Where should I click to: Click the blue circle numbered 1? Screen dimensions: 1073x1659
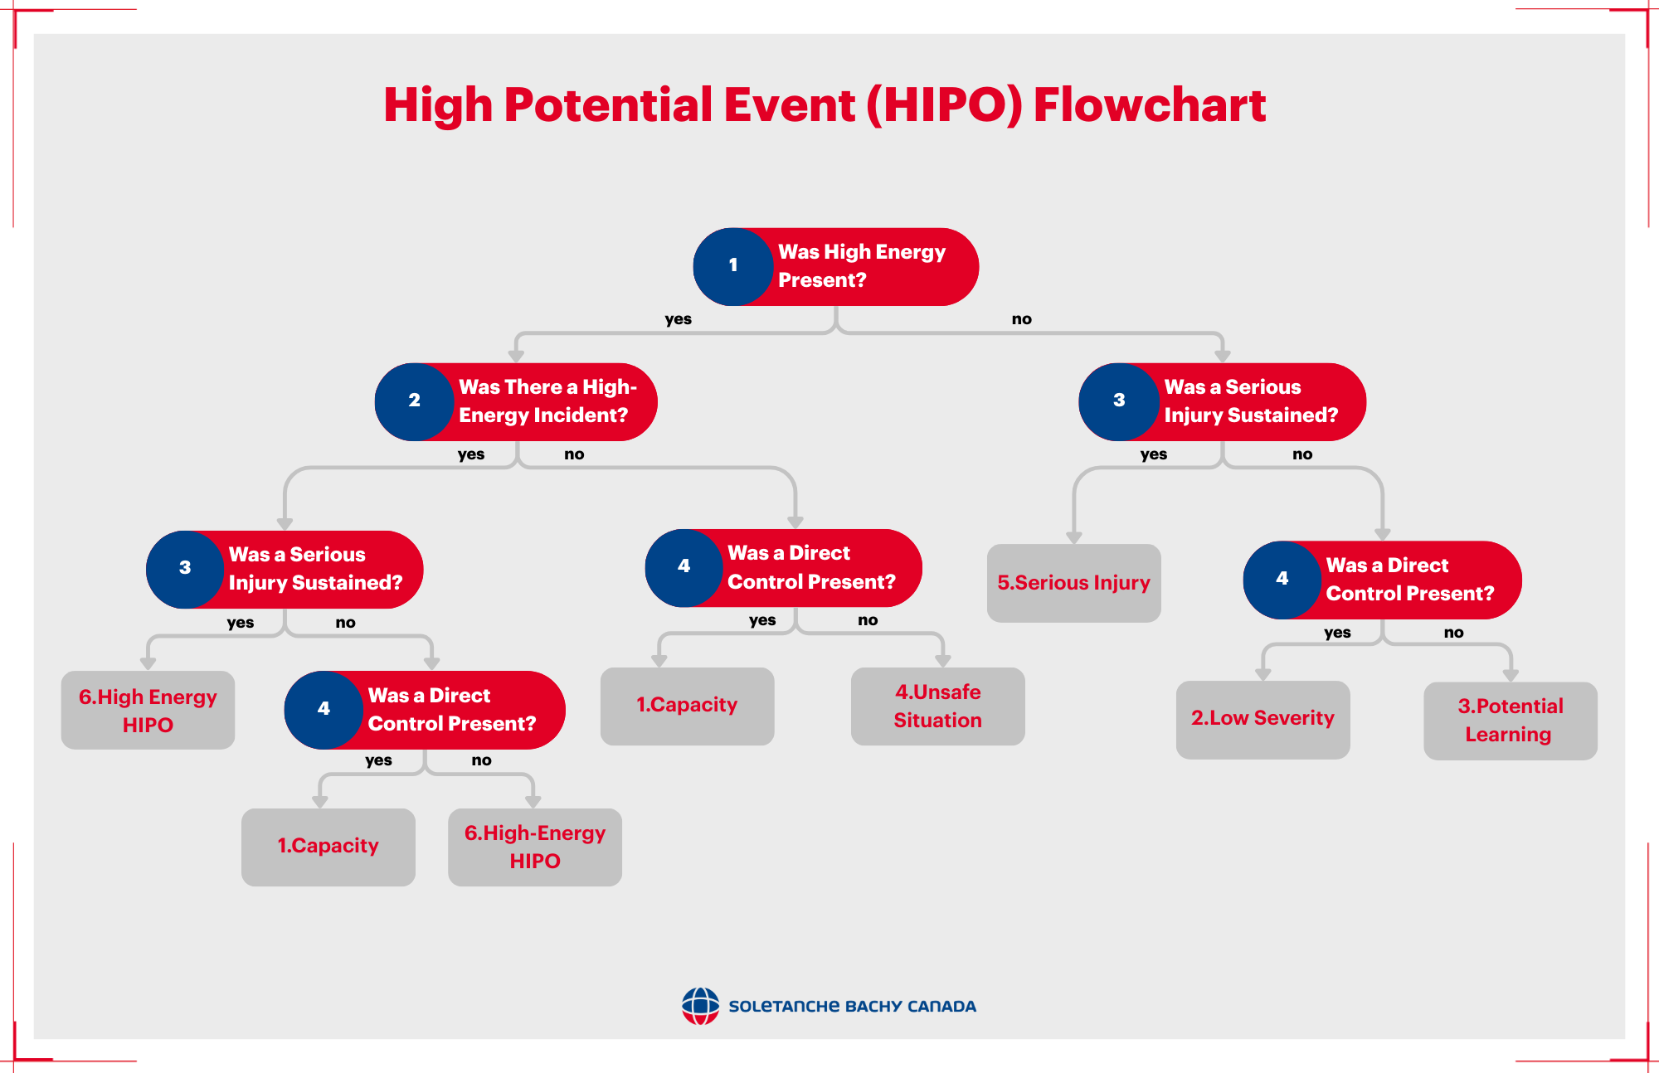click(x=733, y=266)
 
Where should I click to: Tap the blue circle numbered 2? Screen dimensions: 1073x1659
click(x=414, y=401)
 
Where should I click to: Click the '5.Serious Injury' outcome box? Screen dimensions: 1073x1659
click(x=1073, y=583)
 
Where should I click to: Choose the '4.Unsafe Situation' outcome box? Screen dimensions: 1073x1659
click(x=937, y=706)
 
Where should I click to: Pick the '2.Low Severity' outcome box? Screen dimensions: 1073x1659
click(x=1262, y=719)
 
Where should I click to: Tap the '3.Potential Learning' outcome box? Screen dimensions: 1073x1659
click(x=1510, y=721)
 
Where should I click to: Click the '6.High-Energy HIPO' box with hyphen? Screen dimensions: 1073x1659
click(x=535, y=847)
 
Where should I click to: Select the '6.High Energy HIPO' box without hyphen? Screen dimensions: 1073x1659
click(x=148, y=711)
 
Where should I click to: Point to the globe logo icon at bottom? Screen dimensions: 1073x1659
click(x=700, y=1006)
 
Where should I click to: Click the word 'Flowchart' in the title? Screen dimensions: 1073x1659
click(x=1150, y=105)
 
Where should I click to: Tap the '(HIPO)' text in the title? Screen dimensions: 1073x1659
click(x=944, y=105)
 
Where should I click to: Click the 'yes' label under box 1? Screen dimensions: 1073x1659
click(x=678, y=319)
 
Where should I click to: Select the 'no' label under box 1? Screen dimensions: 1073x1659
click(x=1021, y=319)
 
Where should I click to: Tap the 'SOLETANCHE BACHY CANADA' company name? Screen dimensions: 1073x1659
click(x=852, y=1007)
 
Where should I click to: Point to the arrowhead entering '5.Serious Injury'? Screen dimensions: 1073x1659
click(x=1073, y=537)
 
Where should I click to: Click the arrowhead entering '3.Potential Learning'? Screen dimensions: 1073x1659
click(x=1510, y=676)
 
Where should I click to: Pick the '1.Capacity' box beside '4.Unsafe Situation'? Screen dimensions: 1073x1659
click(x=687, y=706)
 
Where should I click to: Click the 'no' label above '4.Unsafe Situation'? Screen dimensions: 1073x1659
click(x=868, y=620)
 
